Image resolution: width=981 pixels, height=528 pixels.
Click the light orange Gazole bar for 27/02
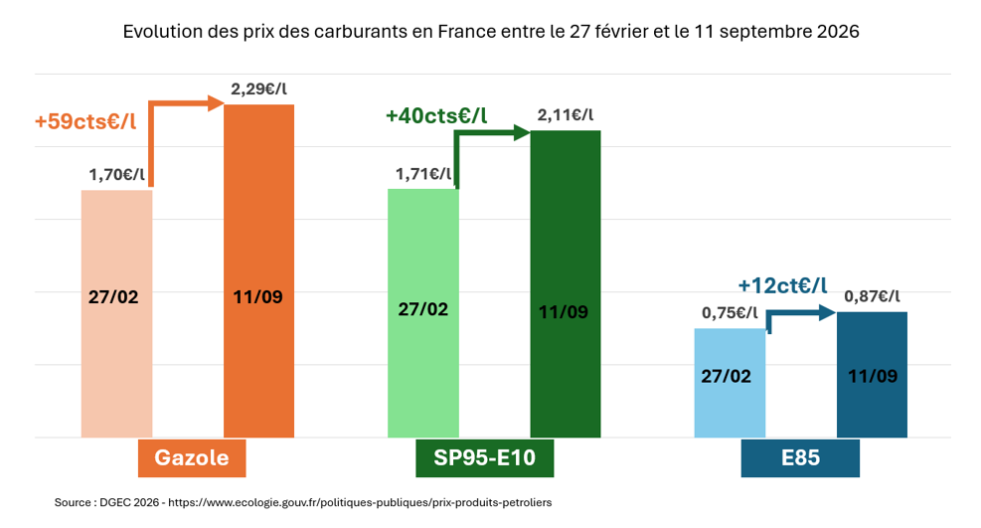[x=117, y=313]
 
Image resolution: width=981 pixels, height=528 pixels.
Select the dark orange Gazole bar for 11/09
[x=259, y=270]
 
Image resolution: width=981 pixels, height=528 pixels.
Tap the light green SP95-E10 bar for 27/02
[x=423, y=313]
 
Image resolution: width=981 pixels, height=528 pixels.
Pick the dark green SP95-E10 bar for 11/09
[x=566, y=284]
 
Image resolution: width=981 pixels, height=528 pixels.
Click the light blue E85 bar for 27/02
[x=731, y=383]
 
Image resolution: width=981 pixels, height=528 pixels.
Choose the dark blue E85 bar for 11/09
[x=872, y=375]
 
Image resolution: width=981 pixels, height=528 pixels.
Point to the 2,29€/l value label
[x=259, y=89]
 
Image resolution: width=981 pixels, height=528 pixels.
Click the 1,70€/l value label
[x=117, y=175]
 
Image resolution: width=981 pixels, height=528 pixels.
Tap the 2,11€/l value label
[x=566, y=115]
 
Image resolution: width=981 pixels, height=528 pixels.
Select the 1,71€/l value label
[x=423, y=174]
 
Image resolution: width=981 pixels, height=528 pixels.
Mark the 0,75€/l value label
[x=731, y=313]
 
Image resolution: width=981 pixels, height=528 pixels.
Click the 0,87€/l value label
[x=872, y=296]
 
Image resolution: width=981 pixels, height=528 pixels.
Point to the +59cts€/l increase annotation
[x=85, y=121]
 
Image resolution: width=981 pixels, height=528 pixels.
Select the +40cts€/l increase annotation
[x=436, y=115]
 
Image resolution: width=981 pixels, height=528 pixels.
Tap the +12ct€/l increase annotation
[x=782, y=286]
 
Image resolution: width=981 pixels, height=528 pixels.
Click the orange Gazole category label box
[x=192, y=458]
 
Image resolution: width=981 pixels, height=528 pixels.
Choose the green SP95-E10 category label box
[x=485, y=458]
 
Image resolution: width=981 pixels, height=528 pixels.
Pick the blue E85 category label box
[x=800, y=458]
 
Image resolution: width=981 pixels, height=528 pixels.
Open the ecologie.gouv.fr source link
[x=360, y=502]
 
